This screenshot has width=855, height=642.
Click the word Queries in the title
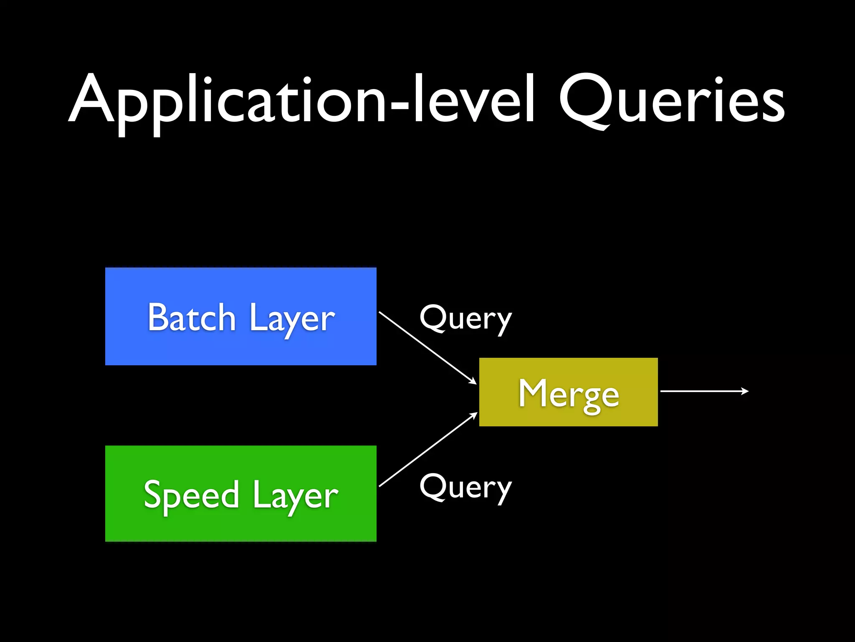[x=672, y=100]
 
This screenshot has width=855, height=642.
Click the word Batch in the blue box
[x=192, y=318]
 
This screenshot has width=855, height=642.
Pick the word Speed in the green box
[x=191, y=495]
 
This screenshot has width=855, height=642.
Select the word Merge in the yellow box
[x=569, y=394]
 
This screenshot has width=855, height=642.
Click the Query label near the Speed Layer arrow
[x=465, y=488]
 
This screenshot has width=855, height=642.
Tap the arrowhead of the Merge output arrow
[x=745, y=391]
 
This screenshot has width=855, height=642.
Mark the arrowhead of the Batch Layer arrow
[x=473, y=381]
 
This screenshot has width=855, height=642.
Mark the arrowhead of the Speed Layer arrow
[x=474, y=415]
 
